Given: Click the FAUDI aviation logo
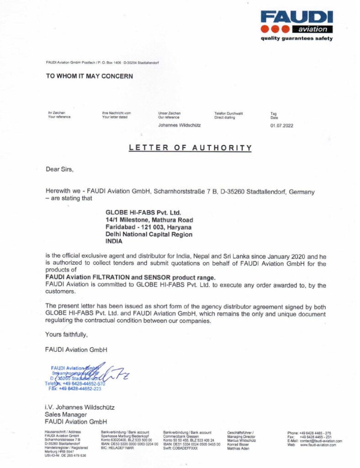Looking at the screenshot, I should pyautogui.click(x=296, y=22).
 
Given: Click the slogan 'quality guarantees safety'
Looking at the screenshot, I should pyautogui.click(x=296, y=39).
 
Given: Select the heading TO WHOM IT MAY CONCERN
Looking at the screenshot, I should pyautogui.click(x=90, y=76).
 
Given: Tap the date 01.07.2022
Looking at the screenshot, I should pyautogui.click(x=282, y=125).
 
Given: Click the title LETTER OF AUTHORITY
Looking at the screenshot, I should pyautogui.click(x=190, y=148).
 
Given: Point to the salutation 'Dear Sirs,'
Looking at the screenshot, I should pyautogui.click(x=59, y=169).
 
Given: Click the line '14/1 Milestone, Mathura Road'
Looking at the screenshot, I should pyautogui.click(x=149, y=220).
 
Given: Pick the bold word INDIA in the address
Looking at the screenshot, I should pyautogui.click(x=115, y=242).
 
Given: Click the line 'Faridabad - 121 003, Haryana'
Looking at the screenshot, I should pyautogui.click(x=148, y=227).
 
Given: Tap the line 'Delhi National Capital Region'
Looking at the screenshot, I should pyautogui.click(x=149, y=234).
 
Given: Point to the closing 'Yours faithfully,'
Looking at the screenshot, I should pyautogui.click(x=66, y=335).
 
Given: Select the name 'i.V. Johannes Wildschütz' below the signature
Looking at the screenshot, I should pyautogui.click(x=80, y=407).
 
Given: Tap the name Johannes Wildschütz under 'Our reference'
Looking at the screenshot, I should pyautogui.click(x=180, y=125).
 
